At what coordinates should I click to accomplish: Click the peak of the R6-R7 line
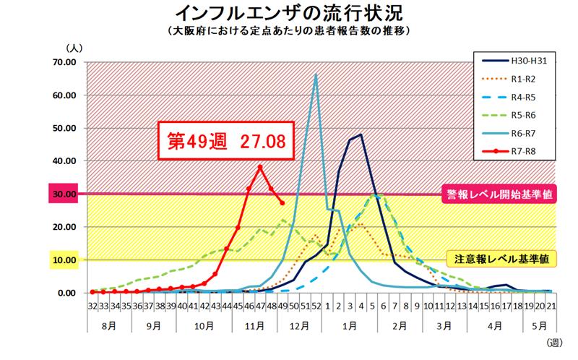click(316, 74)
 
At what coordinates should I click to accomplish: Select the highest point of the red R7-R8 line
click(260, 167)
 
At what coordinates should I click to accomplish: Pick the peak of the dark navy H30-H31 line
click(361, 134)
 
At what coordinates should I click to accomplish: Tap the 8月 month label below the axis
click(109, 325)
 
